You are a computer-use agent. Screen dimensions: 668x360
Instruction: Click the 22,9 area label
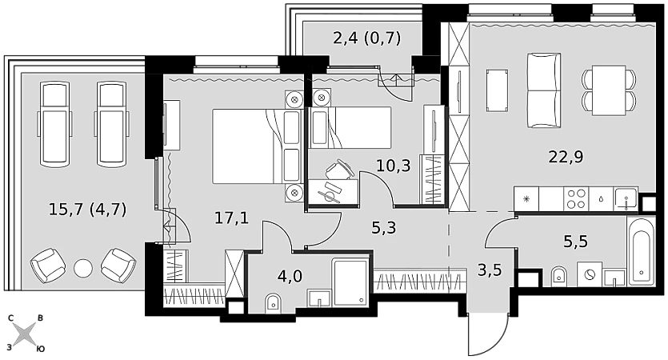pyautogui.click(x=566, y=158)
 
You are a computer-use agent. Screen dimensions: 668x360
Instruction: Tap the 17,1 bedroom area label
pyautogui.click(x=231, y=218)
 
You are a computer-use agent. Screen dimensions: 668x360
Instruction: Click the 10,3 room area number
pyautogui.click(x=394, y=166)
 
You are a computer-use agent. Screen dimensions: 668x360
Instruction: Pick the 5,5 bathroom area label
pyautogui.click(x=575, y=242)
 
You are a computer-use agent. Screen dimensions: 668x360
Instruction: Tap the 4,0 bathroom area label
pyautogui.click(x=290, y=276)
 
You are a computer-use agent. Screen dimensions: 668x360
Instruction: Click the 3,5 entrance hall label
pyautogui.click(x=490, y=270)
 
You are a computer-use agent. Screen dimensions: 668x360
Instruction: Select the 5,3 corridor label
pyautogui.click(x=384, y=228)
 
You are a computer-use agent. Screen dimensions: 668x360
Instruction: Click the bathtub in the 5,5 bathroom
pyautogui.click(x=641, y=251)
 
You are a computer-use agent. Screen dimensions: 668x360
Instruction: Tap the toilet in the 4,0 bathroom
pyautogui.click(x=273, y=302)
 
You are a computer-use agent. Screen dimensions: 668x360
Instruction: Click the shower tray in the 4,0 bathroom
pyautogui.click(x=350, y=282)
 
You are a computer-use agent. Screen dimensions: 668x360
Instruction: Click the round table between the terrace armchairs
pyautogui.click(x=83, y=267)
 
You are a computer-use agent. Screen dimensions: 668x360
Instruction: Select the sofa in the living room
pyautogui.click(x=544, y=90)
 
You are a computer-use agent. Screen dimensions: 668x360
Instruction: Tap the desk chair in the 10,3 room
pyautogui.click(x=339, y=170)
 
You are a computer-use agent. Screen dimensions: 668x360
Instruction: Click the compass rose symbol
pyautogui.click(x=26, y=334)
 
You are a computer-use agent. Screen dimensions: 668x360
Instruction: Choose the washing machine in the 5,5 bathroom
pyautogui.click(x=590, y=274)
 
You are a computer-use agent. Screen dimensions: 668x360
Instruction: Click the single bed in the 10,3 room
pyautogui.click(x=350, y=127)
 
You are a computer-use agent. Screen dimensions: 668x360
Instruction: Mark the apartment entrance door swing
pyautogui.click(x=489, y=334)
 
